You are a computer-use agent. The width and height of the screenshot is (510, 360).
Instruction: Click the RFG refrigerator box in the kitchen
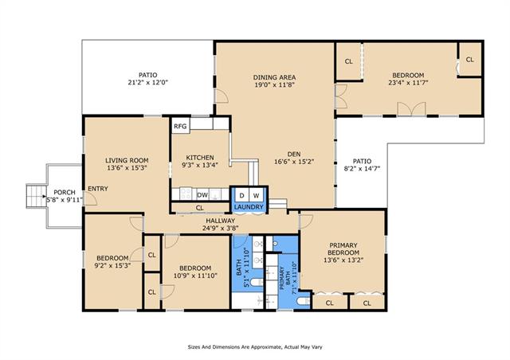tap(181, 126)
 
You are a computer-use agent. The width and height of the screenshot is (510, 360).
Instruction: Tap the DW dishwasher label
tap(202, 195)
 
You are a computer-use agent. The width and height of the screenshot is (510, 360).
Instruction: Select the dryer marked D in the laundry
tap(241, 195)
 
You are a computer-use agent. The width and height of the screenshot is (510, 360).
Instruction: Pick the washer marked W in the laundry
tap(257, 195)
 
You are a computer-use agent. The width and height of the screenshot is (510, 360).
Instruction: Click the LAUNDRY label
tap(249, 207)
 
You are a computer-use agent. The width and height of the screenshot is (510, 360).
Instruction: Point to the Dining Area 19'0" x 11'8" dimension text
tap(274, 85)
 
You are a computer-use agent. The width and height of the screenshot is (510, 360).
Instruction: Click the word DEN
tap(294, 154)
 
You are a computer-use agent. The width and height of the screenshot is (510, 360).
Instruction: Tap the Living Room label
tap(127, 160)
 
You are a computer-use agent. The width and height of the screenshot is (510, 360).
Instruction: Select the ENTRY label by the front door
tap(98, 189)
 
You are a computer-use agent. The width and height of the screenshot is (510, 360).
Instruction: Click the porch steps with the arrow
tap(37, 196)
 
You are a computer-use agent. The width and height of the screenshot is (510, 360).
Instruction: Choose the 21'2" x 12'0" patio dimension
tap(147, 82)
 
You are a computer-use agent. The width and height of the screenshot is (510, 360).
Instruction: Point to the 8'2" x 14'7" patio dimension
tap(362, 169)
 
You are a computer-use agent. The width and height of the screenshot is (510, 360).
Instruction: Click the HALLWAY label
tap(220, 221)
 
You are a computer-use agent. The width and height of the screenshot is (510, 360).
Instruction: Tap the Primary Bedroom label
tap(343, 248)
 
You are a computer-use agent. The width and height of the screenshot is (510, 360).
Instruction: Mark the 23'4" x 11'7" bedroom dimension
tap(408, 83)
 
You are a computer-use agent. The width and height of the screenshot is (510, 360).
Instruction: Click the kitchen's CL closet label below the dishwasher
tap(200, 208)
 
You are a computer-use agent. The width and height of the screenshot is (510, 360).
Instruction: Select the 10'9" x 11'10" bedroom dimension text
tap(195, 276)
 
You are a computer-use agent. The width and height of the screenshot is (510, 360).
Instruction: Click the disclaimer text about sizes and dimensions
tap(255, 347)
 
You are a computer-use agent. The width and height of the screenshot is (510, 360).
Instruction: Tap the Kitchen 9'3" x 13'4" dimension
tap(200, 165)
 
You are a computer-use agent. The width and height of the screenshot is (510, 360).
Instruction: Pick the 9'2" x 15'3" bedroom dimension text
tap(112, 265)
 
